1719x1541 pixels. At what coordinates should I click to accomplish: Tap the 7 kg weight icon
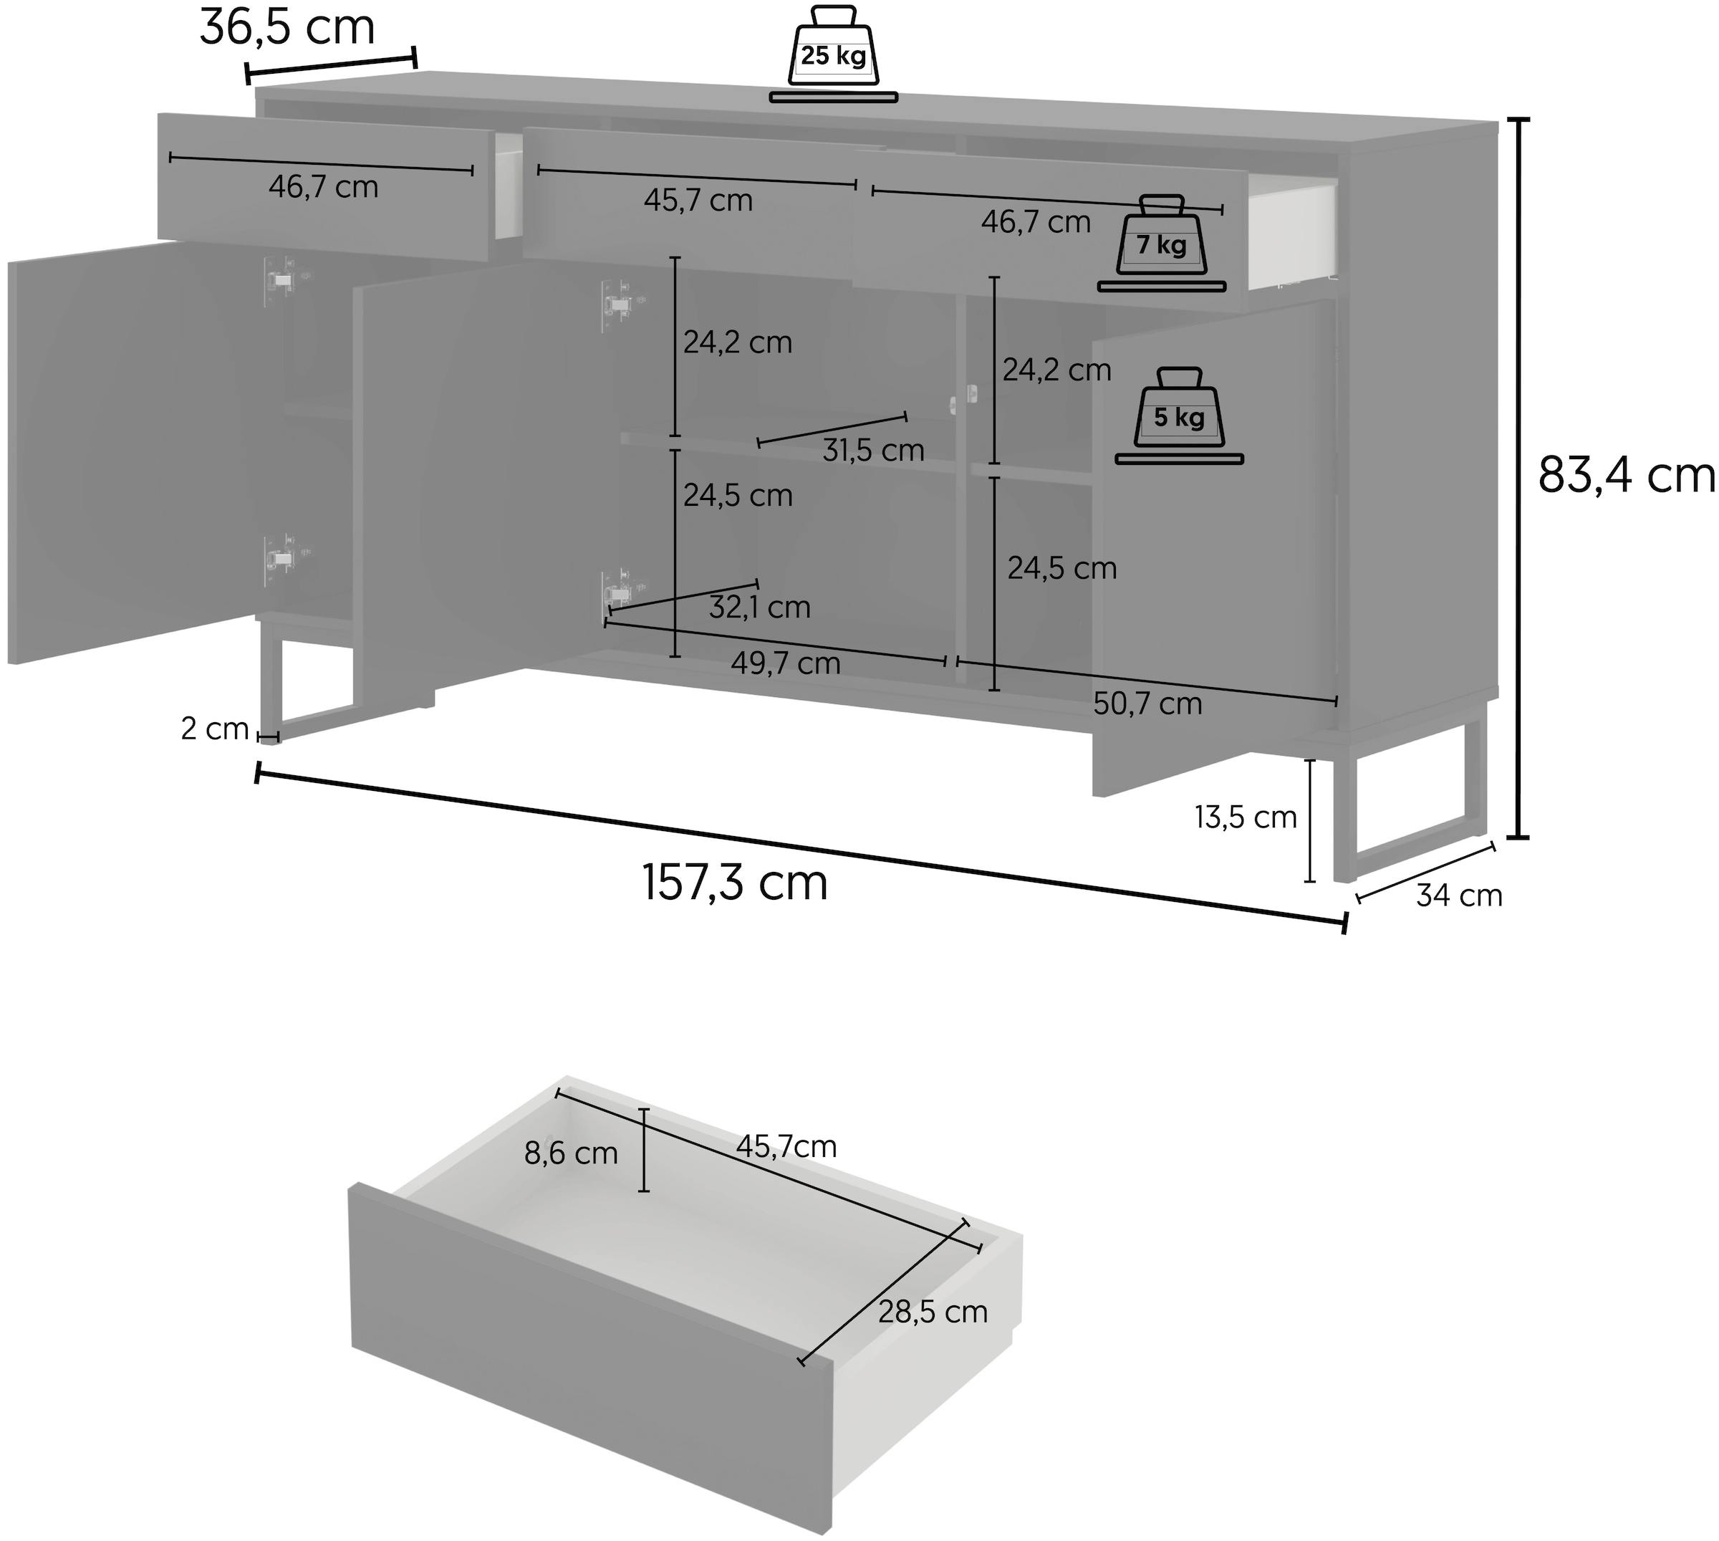(1161, 242)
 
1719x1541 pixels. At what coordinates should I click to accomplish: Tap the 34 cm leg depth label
(1459, 896)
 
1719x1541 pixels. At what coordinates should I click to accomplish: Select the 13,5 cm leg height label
(1245, 817)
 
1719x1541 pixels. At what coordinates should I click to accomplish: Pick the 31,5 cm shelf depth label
(873, 450)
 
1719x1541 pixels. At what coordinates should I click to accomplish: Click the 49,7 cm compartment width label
(786, 663)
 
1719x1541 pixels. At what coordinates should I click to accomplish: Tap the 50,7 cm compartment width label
(1147, 704)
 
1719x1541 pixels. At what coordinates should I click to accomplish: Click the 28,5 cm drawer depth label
(933, 1312)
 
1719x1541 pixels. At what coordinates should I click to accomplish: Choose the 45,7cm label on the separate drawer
(786, 1146)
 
